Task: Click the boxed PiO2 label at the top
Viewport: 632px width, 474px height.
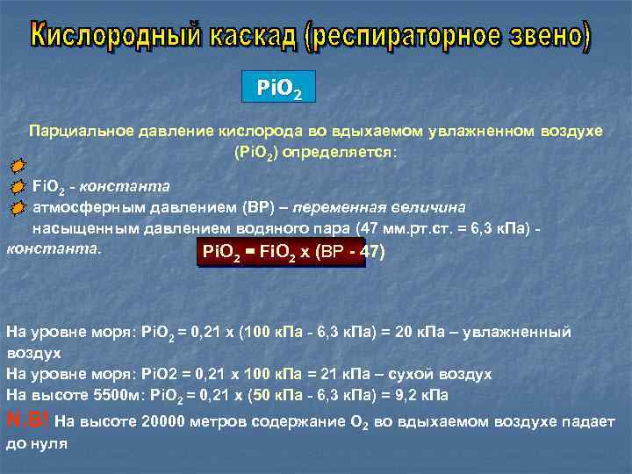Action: coord(277,89)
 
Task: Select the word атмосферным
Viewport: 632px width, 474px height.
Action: coord(88,208)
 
